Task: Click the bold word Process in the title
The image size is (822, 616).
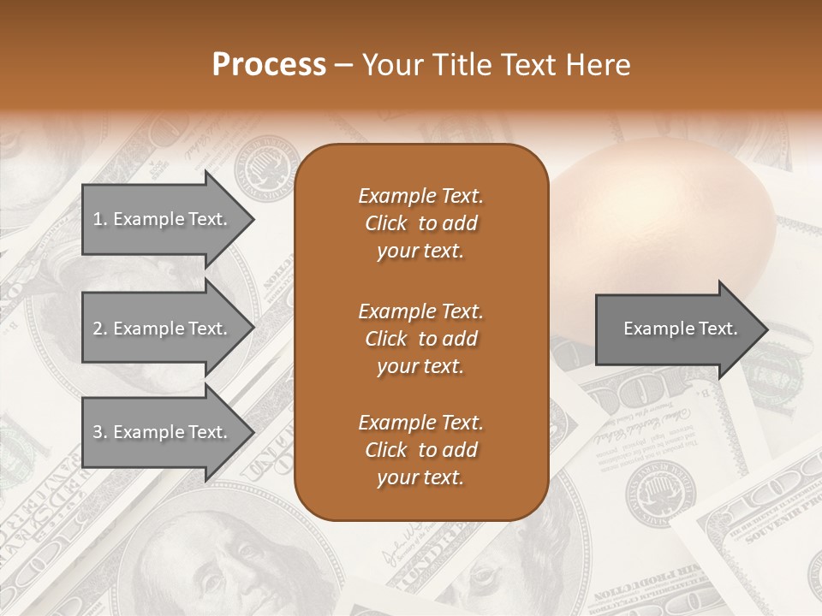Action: coord(269,65)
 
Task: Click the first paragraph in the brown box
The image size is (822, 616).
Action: coord(420,223)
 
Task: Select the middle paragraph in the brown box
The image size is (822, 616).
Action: coord(420,338)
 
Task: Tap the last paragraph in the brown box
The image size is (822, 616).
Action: coord(420,450)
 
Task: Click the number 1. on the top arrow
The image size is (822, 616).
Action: coord(100,219)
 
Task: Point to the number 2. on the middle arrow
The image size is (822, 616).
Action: coord(100,329)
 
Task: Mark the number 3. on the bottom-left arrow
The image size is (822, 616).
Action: coord(100,432)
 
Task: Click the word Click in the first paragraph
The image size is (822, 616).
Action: coord(385,223)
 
